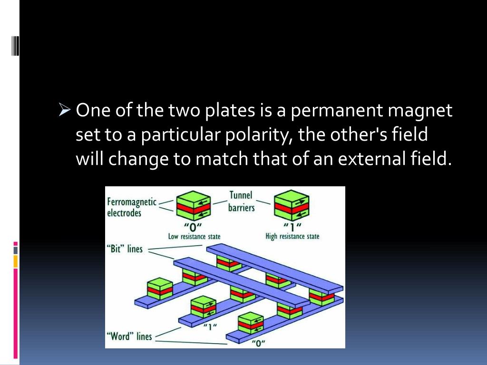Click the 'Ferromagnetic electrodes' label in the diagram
coord(131,208)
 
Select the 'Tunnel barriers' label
coord(241,202)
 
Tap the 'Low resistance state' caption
coord(194,236)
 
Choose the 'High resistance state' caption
coord(292,236)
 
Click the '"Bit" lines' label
coord(125,249)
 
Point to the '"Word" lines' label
coord(129,336)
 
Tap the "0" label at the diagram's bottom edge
coord(259,343)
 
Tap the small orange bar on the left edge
coord(16,261)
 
